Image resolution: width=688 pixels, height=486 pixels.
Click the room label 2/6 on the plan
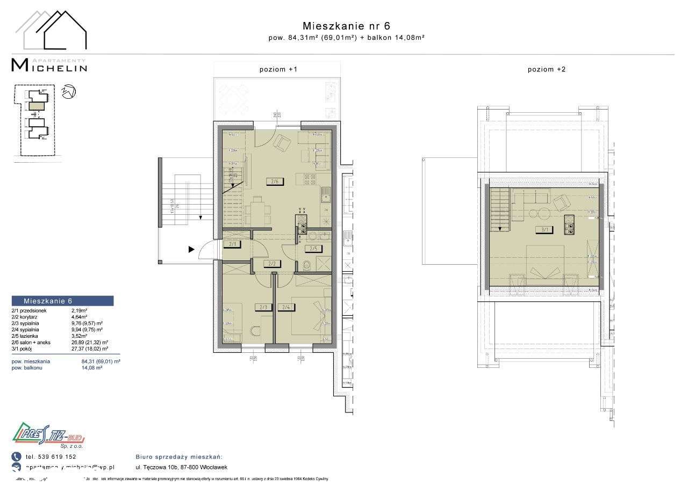pos(274,182)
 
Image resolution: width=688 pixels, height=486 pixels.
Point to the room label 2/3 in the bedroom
pos(264,307)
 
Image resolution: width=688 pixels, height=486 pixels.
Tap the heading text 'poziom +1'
pos(278,69)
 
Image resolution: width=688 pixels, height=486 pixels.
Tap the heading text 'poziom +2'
pos(546,69)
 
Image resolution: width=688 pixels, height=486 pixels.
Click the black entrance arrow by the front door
pos(191,249)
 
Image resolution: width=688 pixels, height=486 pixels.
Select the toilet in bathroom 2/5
pos(306,264)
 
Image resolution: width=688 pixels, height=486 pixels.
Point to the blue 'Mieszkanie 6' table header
pos(62,301)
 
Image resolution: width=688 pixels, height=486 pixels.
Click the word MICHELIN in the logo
pos(49,66)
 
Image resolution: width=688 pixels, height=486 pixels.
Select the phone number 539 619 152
pos(54,456)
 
